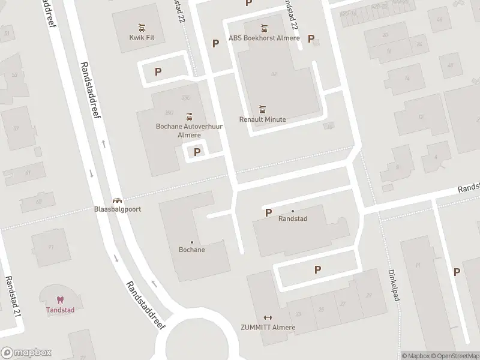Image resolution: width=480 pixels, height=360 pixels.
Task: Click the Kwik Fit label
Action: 142,37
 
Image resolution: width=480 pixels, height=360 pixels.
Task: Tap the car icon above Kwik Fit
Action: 142,27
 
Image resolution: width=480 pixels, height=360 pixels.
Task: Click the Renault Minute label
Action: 262,119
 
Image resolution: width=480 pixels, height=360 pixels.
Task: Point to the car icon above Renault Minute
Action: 262,109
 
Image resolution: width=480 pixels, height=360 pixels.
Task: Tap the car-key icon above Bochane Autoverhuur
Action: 190,116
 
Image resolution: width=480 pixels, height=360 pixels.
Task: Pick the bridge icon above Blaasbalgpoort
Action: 117,200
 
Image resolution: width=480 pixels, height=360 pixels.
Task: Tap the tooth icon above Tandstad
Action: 59,300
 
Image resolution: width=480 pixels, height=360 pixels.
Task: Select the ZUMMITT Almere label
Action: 268,328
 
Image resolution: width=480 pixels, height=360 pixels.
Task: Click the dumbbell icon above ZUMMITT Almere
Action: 268,318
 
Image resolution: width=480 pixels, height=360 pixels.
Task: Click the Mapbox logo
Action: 26,353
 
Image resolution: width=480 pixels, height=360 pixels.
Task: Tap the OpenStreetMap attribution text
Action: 454,356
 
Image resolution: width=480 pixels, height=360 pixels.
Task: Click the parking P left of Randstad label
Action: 268,212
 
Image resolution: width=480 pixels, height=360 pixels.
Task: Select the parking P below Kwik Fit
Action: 158,71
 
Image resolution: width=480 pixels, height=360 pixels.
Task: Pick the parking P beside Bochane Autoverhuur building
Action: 197,152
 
